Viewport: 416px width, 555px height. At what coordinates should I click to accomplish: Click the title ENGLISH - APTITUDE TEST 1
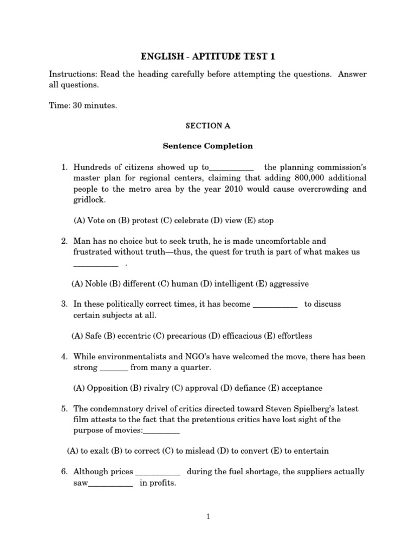coord(208,56)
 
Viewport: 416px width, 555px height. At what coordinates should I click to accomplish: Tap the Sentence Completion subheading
coord(208,146)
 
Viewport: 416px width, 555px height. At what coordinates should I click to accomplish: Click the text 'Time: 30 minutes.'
coord(83,106)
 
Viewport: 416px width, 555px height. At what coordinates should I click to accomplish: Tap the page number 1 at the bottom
coord(208,517)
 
